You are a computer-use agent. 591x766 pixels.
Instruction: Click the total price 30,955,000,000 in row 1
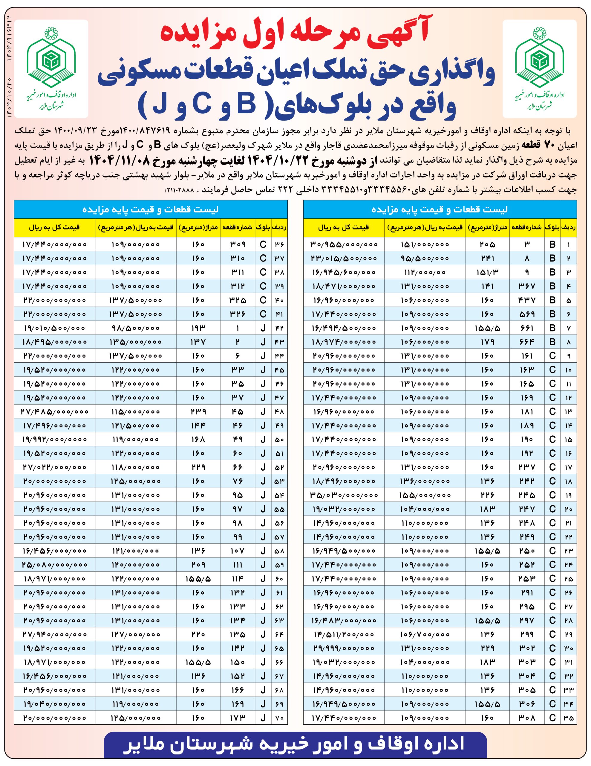[x=344, y=244]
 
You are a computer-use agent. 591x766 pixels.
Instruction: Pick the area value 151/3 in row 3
[x=487, y=272]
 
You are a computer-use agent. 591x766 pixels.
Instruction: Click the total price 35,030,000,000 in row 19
[x=344, y=495]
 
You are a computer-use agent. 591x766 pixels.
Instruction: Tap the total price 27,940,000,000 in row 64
[x=54, y=634]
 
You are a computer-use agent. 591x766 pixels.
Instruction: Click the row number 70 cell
[x=279, y=718]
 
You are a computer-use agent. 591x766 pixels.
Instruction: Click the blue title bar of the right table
[x=440, y=209]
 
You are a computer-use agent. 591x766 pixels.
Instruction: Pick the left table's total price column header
[x=54, y=227]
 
